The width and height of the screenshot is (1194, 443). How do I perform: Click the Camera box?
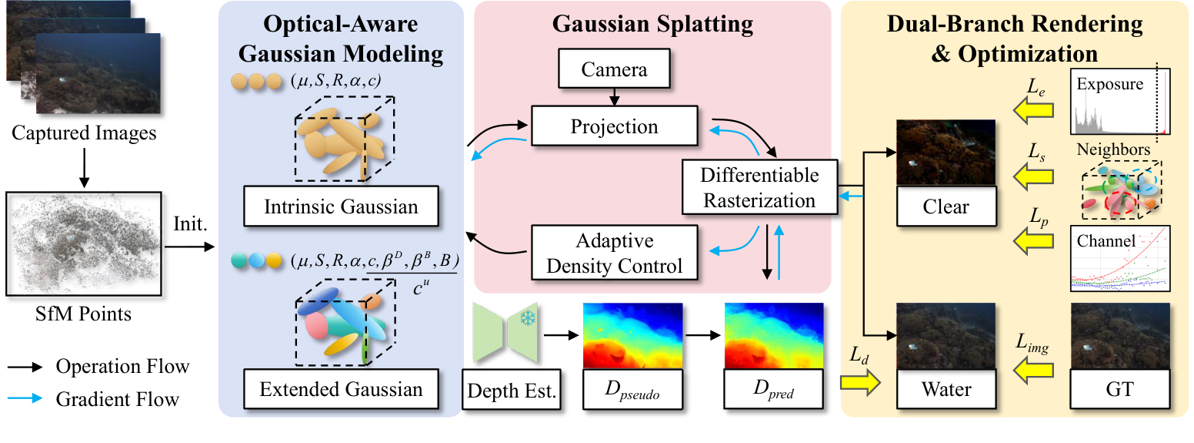614,71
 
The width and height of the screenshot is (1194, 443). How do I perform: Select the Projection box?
614,126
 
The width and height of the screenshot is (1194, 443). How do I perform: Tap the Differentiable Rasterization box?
759,187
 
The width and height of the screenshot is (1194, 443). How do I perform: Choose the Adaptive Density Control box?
614,252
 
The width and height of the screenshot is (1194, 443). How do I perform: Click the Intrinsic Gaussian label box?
341,206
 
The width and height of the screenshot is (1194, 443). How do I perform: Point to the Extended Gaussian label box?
341,388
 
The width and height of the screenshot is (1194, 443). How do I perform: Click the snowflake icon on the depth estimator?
527,320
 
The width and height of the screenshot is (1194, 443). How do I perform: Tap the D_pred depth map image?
772,334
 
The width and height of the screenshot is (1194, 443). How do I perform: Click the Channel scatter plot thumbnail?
1120,259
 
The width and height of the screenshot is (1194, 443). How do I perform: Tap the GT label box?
1120,390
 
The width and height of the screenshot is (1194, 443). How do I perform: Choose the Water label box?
946,390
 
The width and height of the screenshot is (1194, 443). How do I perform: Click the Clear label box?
946,206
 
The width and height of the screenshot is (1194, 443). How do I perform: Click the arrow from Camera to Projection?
614,97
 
